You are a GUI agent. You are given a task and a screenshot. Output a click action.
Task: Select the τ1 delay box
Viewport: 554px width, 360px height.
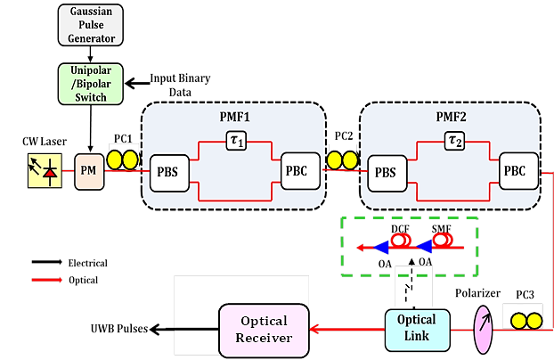(x=235, y=139)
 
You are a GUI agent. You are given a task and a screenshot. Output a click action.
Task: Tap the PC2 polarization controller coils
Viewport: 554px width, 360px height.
(x=341, y=160)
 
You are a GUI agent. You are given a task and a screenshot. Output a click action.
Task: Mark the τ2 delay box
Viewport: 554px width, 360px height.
(x=455, y=139)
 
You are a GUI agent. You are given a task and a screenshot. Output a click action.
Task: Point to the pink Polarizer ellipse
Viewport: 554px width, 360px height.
(x=484, y=326)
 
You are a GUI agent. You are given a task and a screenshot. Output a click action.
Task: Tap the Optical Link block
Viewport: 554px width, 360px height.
(x=416, y=327)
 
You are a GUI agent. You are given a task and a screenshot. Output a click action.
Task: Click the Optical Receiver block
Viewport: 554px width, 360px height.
(x=265, y=329)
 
